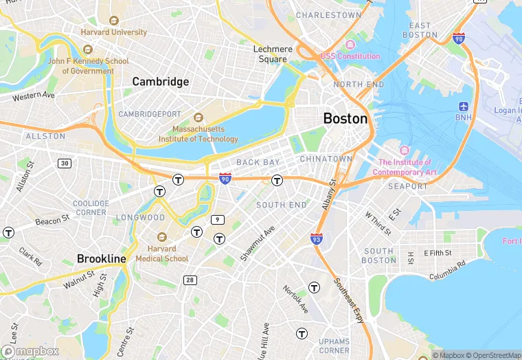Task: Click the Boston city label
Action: pos(345,118)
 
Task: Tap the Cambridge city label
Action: pos(160,82)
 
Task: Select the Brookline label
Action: pos(102,259)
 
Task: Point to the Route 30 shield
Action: pos(64,163)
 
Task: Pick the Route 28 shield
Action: pos(190,280)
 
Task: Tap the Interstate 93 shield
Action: pos(317,238)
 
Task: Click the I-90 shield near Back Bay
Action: pos(225,179)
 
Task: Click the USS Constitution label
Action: pos(350,56)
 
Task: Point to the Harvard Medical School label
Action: pos(161,254)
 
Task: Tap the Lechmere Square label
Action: pos(273,54)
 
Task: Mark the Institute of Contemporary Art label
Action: pos(405,167)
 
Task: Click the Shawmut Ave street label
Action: pos(258,243)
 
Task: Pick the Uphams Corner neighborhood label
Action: pos(334,346)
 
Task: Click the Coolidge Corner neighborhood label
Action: pos(91,207)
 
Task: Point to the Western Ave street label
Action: pos(33,95)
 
